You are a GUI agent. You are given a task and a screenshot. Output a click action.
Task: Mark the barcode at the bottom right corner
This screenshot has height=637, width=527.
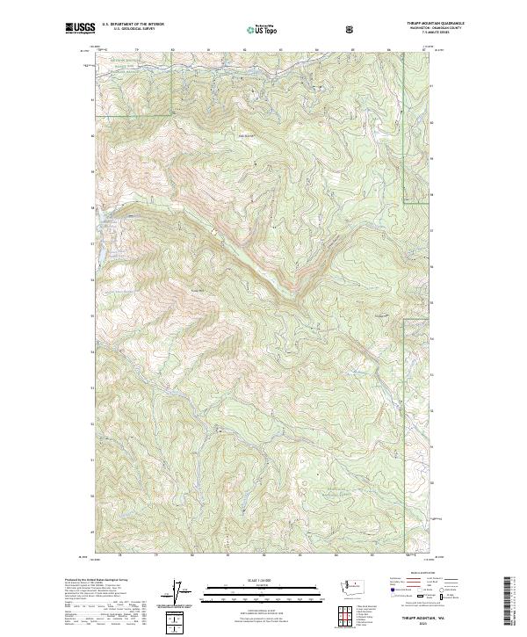(x=508, y=601)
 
